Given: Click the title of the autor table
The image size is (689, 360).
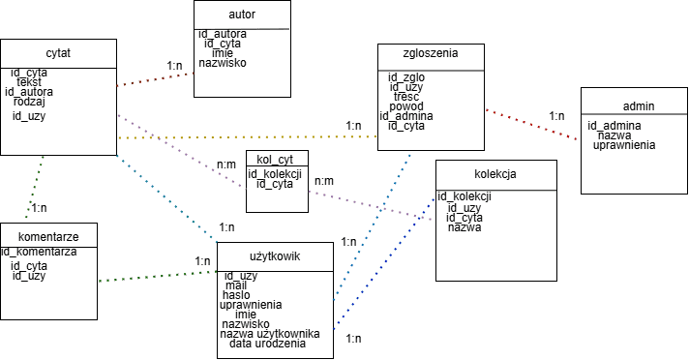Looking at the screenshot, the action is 242,15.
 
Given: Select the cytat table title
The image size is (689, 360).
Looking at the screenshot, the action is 58,53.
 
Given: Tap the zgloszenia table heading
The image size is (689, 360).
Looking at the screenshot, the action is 431,53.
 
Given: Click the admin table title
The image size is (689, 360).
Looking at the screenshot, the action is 639,105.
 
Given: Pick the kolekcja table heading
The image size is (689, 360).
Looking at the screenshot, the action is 495,174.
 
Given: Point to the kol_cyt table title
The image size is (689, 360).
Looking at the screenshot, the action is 275,160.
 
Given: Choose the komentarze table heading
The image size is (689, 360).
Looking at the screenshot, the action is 48,237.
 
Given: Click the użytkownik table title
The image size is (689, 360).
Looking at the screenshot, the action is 275,256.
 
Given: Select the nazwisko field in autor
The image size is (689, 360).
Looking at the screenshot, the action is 223,63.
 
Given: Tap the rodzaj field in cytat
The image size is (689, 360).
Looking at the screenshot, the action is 29,102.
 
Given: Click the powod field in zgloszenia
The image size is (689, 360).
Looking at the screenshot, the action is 406,106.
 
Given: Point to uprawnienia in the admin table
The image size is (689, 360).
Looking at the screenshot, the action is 624,145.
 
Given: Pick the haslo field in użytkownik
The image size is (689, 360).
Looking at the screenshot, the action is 236,295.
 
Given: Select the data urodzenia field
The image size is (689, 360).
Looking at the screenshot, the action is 267,344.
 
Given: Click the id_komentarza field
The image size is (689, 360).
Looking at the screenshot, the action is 39,252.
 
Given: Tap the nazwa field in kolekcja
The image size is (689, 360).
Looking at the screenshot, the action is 464,227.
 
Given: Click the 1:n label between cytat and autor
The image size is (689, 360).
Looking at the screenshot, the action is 174,66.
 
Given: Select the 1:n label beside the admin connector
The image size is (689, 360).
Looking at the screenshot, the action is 556,116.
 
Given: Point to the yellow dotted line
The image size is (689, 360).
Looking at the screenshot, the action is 248,137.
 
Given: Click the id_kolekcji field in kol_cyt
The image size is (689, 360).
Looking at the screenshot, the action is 275,174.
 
